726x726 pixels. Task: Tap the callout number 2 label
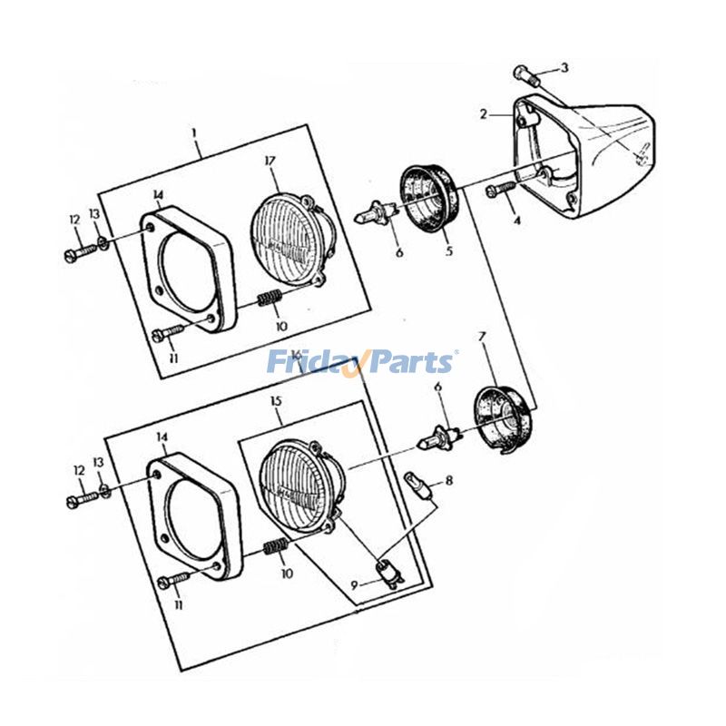(484, 114)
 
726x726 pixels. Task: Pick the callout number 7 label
(482, 337)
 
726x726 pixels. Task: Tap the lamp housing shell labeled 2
(590, 159)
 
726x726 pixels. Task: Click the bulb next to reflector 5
(375, 216)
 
